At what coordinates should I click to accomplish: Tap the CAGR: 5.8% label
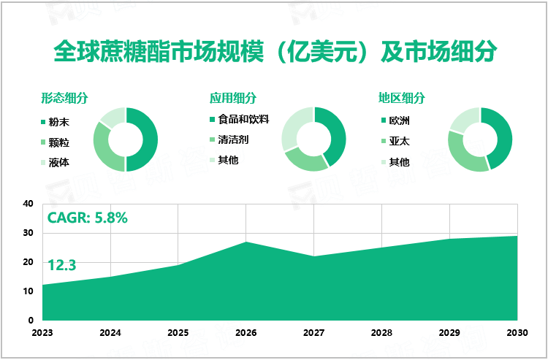click(x=88, y=217)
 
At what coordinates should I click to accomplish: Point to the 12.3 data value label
click(x=62, y=266)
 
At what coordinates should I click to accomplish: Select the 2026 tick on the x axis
click(x=246, y=332)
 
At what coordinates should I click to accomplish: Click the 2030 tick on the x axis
click(x=517, y=332)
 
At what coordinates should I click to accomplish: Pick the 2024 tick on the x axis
click(x=110, y=332)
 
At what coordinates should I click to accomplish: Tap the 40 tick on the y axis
click(x=28, y=204)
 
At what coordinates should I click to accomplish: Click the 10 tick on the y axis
click(x=28, y=291)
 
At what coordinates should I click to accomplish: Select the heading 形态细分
click(x=64, y=98)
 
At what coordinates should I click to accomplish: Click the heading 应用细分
click(x=233, y=98)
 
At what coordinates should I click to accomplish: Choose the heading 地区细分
click(x=402, y=98)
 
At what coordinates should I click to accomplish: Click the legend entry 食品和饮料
click(x=244, y=118)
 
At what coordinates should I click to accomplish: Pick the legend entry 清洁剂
click(x=233, y=139)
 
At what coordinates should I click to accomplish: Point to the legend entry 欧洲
click(x=399, y=120)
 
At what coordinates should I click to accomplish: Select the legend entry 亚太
click(x=399, y=142)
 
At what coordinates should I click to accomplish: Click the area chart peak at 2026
click(x=246, y=242)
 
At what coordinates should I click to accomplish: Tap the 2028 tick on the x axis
click(x=381, y=332)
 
